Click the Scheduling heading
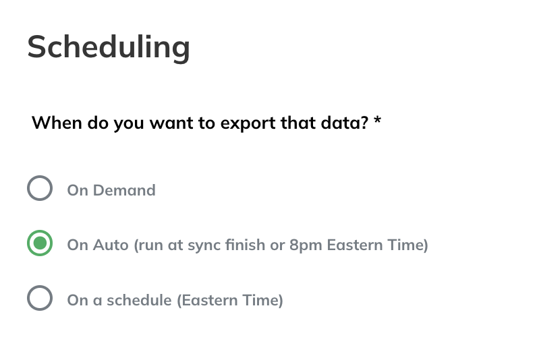pos(109,48)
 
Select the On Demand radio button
pos(40,188)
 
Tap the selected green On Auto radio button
pos(40,243)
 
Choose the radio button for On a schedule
pos(40,298)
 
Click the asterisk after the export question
pos(377,120)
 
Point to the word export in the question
pos(248,123)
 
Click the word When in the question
pos(57,123)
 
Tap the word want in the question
pos(171,123)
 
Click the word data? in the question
pos(345,123)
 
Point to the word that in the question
pos(298,123)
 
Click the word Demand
pos(124,190)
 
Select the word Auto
pos(111,245)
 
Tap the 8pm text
pos(306,245)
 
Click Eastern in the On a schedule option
pos(210,300)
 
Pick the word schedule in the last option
pos(139,300)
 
